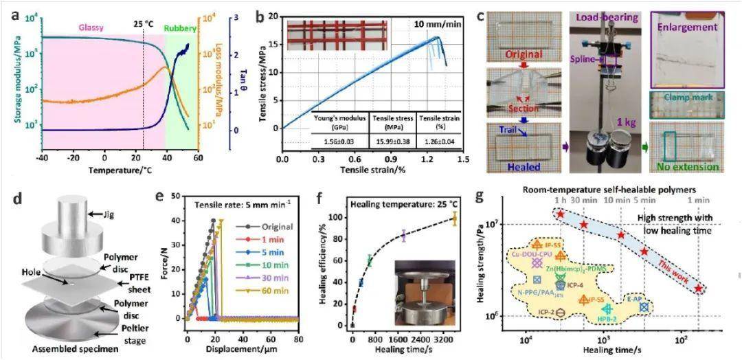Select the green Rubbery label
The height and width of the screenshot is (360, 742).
pyautogui.click(x=181, y=29)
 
